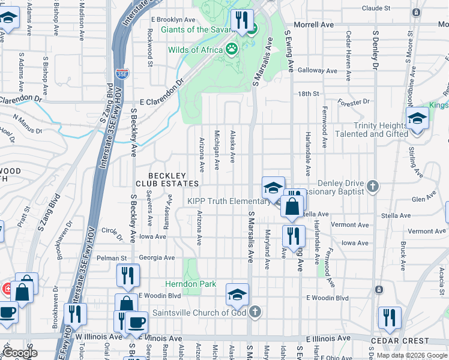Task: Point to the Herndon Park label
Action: (x=191, y=283)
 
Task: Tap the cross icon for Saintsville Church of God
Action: (x=256, y=312)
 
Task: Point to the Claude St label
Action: (x=376, y=8)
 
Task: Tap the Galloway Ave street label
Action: (x=311, y=70)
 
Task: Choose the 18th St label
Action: (x=308, y=94)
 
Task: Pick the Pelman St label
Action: (x=113, y=258)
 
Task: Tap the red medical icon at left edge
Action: (x=5, y=289)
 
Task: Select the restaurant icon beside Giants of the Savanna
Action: (x=242, y=20)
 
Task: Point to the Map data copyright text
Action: (x=412, y=355)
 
